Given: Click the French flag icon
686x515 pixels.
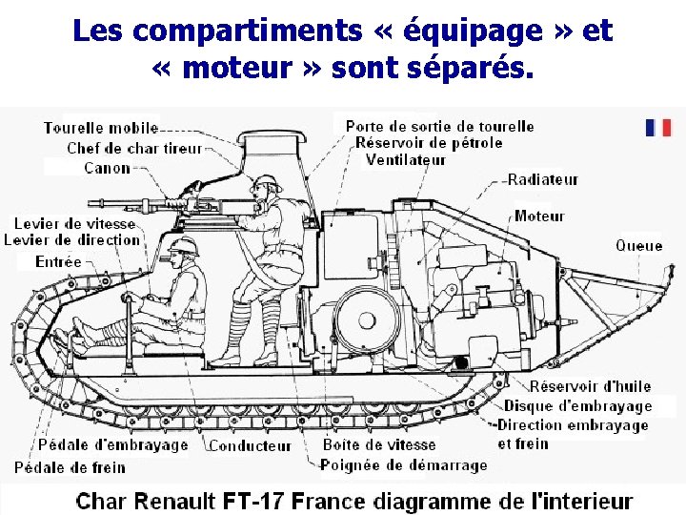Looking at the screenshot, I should pos(658,128).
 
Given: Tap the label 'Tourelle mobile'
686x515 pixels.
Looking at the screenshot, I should pos(101,128).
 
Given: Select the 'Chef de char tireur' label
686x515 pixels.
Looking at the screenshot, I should pos(134,148).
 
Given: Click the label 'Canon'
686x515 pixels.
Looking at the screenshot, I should pos(107,168).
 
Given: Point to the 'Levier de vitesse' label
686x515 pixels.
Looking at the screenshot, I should pos(74,223).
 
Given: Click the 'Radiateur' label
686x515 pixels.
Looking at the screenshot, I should pos(543,179).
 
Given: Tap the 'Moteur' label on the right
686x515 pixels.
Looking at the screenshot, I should pos(539,216).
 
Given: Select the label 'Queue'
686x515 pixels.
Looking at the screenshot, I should pos(638,245).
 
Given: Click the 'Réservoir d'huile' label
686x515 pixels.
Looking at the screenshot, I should pos(591,386).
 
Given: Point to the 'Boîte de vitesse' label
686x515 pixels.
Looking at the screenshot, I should pos(379,444).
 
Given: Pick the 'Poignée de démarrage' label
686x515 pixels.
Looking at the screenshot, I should pos(403,465).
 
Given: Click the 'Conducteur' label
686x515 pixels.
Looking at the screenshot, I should pos(250,445).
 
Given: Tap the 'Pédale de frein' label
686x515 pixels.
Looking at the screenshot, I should pos(70,467).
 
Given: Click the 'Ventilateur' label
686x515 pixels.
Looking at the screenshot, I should pos(406,159).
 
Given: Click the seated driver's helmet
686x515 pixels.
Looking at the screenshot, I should pos(181,246).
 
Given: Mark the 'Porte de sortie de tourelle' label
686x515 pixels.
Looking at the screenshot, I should pos(439,126).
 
